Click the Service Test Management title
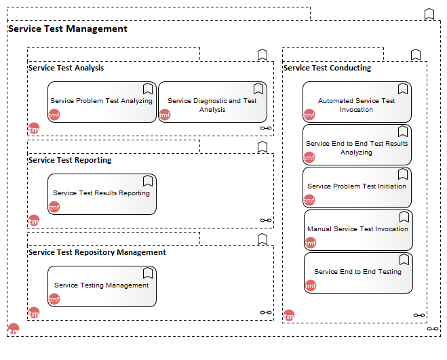click(68, 28)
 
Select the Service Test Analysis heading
click(66, 68)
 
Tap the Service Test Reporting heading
click(70, 160)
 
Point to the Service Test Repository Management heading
click(97, 252)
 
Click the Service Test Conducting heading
click(327, 68)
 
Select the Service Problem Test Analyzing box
click(102, 102)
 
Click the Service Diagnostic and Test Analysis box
click(213, 102)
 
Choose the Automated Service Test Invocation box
click(357, 102)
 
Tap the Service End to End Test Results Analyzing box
click(357, 145)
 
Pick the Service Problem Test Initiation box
click(357, 188)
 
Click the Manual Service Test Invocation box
click(358, 231)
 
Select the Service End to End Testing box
click(358, 273)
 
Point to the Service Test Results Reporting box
click(102, 195)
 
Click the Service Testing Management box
click(102, 287)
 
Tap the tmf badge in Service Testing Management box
click(54, 299)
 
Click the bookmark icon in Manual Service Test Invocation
click(404, 217)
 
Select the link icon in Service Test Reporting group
click(266, 220)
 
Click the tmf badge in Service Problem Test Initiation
click(309, 201)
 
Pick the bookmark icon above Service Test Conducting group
click(416, 54)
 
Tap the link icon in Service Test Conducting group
click(419, 315)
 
